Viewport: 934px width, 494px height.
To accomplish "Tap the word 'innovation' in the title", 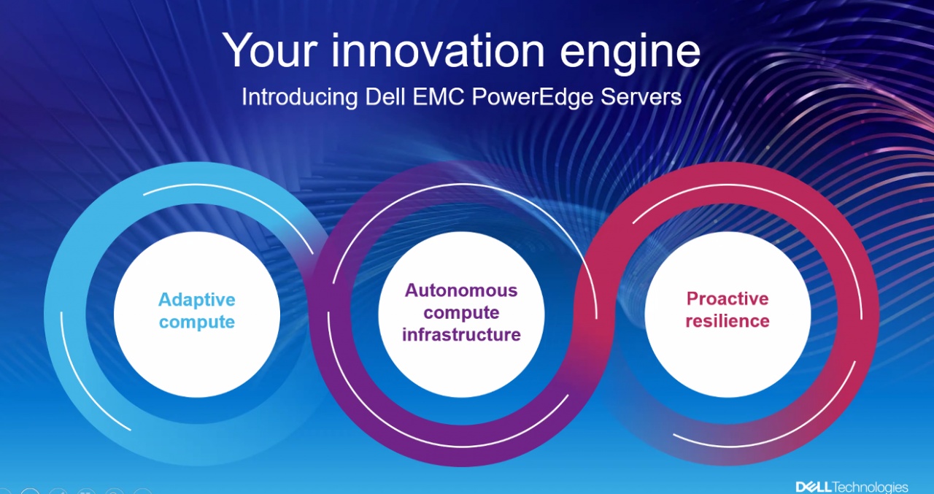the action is [438, 50].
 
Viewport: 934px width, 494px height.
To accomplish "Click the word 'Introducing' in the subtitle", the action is [299, 97].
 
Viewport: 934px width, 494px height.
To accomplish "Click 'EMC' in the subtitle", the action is [439, 96].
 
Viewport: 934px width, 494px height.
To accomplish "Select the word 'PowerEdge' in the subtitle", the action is [533, 97].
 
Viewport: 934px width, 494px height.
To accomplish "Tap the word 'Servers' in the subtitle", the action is [641, 96].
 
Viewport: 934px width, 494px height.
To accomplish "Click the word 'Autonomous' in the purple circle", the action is [461, 290].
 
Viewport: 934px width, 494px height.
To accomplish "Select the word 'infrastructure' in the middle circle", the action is [461, 334].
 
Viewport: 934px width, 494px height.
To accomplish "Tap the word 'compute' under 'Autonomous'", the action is [461, 313].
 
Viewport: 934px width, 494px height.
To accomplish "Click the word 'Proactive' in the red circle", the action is [727, 298].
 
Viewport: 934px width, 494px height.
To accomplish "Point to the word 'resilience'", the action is [727, 321].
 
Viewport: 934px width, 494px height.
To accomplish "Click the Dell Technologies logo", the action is [852, 487].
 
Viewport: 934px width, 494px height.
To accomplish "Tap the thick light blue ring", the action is [66, 314].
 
